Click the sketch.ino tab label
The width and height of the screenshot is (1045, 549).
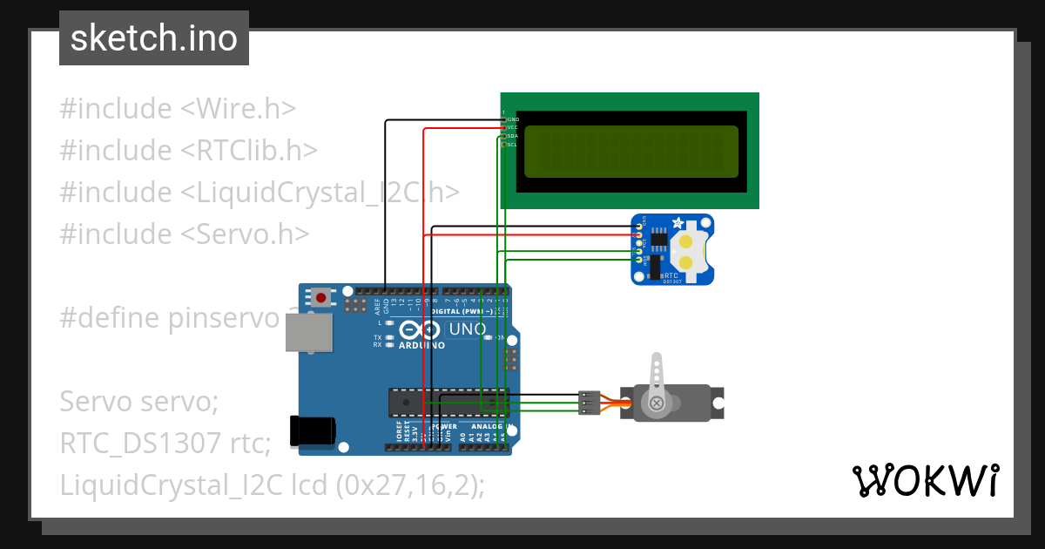(154, 38)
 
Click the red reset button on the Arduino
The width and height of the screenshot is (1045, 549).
(321, 297)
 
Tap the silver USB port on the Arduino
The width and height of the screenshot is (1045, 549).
(309, 333)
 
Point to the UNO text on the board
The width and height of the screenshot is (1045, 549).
(466, 329)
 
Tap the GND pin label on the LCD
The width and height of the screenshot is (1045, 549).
(513, 119)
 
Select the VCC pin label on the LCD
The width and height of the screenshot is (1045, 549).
(513, 127)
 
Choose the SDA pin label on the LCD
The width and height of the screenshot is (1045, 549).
(513, 136)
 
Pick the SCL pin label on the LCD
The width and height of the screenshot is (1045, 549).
(513, 145)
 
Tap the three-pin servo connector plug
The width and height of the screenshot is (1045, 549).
(589, 403)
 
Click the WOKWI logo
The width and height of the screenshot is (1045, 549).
(925, 480)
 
